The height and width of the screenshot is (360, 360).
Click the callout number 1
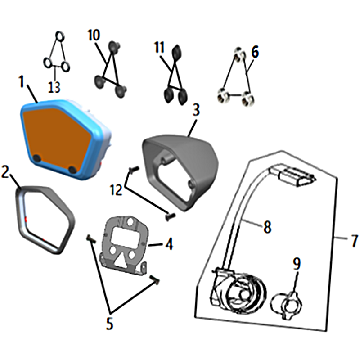[22, 82]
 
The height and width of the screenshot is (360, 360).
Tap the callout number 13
[54, 87]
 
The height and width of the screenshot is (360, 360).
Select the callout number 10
[94, 36]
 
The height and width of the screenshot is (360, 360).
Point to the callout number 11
[159, 48]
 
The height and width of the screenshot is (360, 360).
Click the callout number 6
[255, 52]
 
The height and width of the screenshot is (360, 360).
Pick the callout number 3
[196, 110]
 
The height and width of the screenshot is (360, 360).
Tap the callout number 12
[116, 190]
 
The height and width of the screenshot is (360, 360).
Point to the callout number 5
[109, 324]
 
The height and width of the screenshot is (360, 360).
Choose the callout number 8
[267, 227]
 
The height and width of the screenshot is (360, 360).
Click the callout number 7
[354, 241]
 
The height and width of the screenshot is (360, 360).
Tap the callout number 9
[297, 264]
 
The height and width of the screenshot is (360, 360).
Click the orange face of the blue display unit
[58, 137]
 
